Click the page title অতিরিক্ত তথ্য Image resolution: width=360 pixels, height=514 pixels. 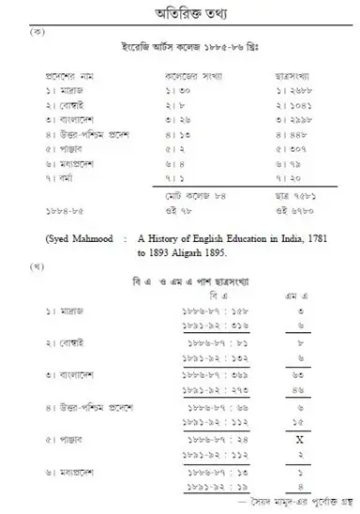[x=179, y=13]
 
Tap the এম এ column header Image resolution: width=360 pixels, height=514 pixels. [x=295, y=294]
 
